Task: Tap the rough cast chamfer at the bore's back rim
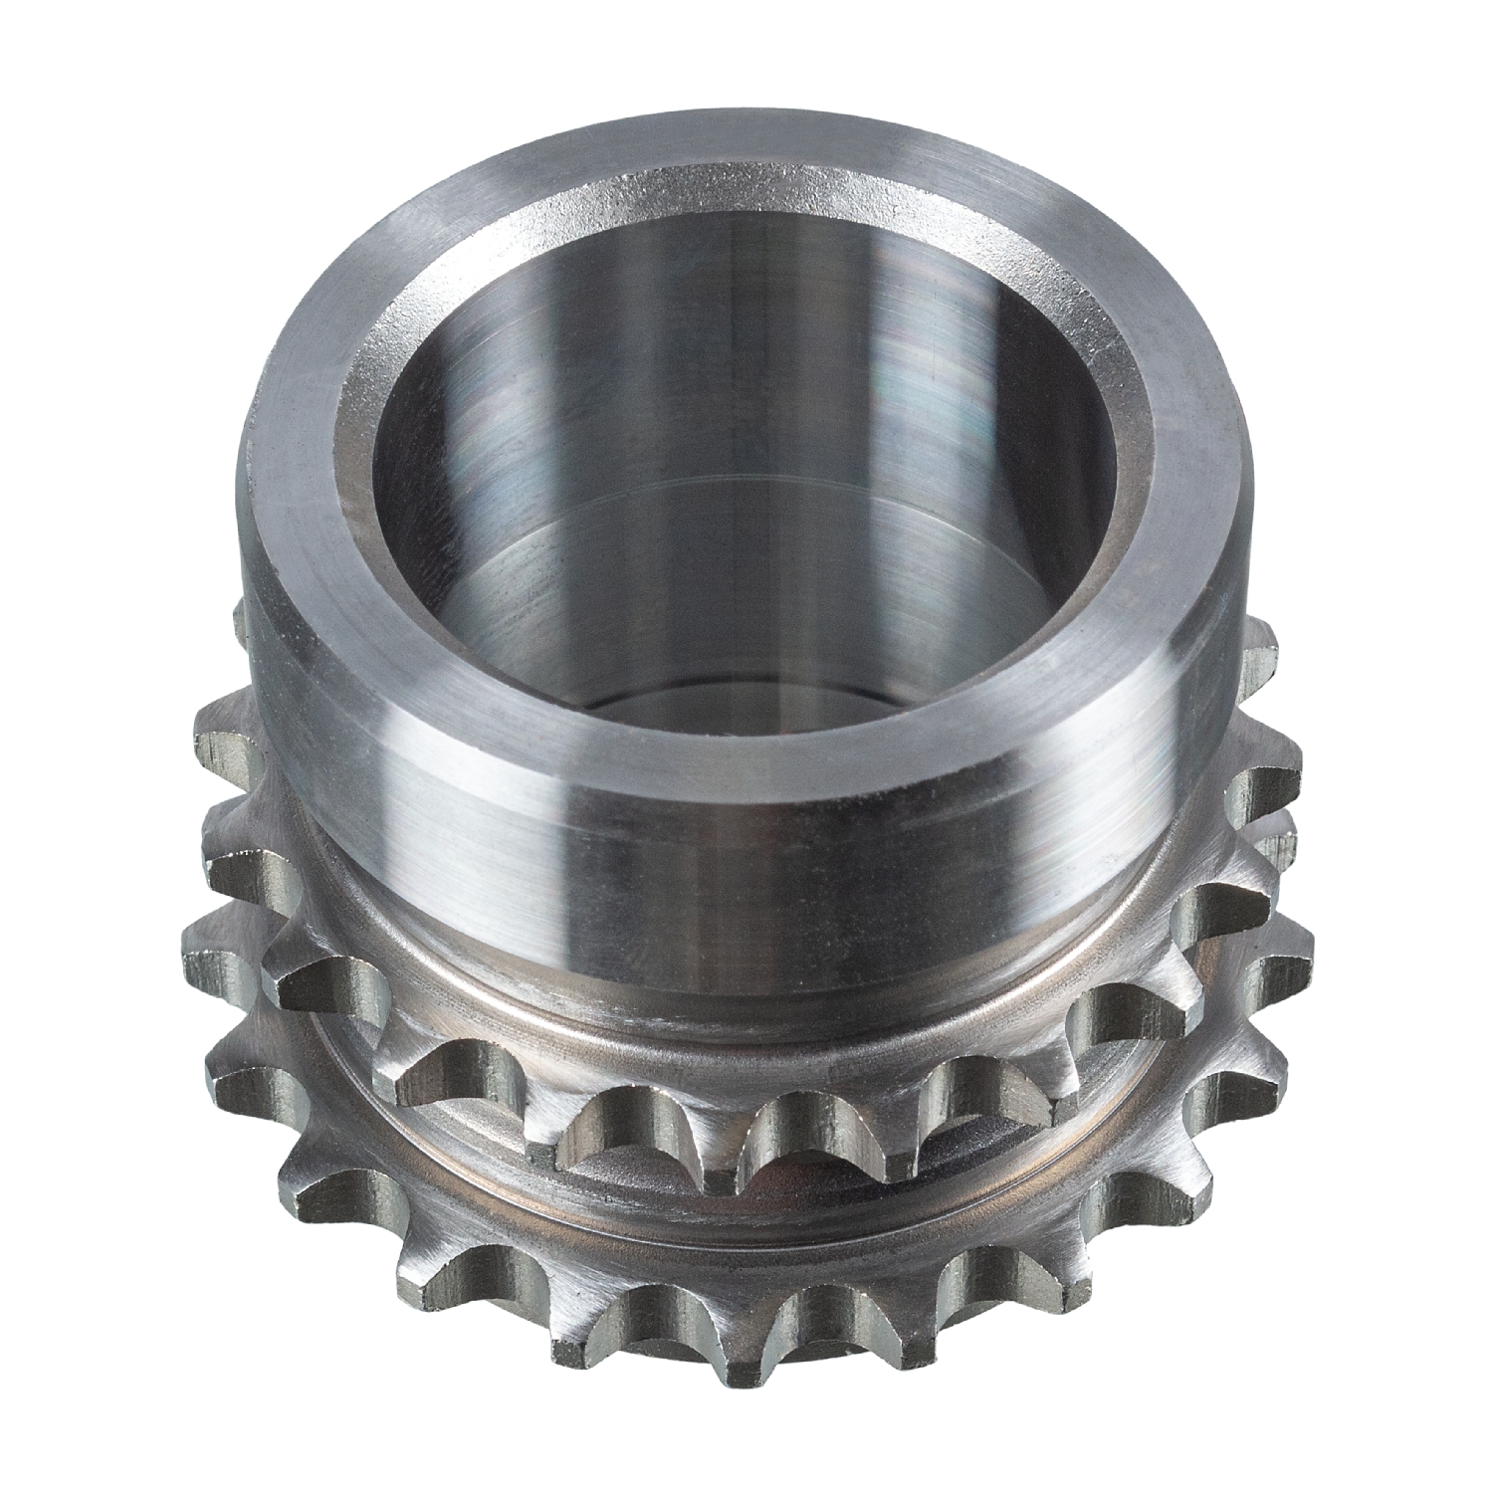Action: pyautogui.click(x=746, y=199)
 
